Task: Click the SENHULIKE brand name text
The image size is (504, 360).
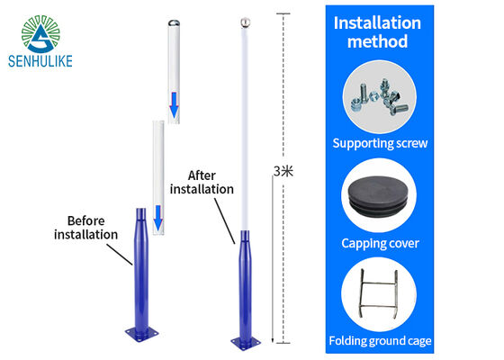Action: pyautogui.click(x=40, y=61)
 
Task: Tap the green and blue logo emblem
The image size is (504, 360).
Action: pyautogui.click(x=40, y=34)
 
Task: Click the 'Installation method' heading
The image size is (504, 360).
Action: pyautogui.click(x=377, y=32)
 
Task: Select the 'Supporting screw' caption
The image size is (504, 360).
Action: pyautogui.click(x=380, y=143)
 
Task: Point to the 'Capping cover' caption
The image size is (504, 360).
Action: pyautogui.click(x=380, y=243)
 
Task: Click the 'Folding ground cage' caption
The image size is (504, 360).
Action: pyautogui.click(x=380, y=341)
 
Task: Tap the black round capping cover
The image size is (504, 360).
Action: pyautogui.click(x=379, y=196)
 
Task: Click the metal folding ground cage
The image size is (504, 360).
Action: pyautogui.click(x=379, y=293)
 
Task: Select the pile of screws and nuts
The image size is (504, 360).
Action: pyautogui.click(x=379, y=97)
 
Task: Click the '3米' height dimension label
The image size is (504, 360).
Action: pyautogui.click(x=283, y=171)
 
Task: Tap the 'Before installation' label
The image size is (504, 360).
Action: pyautogui.click(x=85, y=228)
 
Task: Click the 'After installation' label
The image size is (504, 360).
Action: pyautogui.click(x=202, y=183)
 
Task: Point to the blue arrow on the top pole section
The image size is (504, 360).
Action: pyautogui.click(x=174, y=104)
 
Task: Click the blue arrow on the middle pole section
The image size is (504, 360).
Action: pyautogui.click(x=158, y=218)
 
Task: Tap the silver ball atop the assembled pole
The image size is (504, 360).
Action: pyautogui.click(x=245, y=22)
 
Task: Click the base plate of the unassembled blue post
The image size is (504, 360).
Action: pyautogui.click(x=142, y=333)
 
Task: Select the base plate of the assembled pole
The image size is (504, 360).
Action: pyautogui.click(x=246, y=343)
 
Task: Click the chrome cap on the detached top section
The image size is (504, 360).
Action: pyautogui.click(x=174, y=23)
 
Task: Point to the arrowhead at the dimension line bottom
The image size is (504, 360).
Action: pyautogui.click(x=273, y=340)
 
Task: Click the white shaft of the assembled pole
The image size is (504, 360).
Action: pyautogui.click(x=245, y=129)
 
